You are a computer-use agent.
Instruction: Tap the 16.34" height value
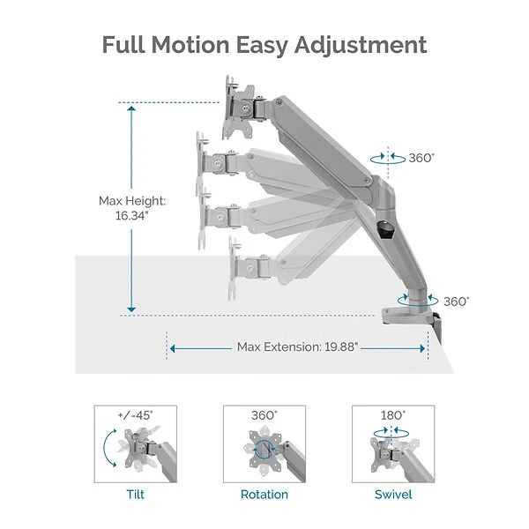coord(132,216)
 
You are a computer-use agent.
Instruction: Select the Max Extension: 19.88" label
coord(297,347)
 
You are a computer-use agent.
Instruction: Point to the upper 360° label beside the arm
coord(421,159)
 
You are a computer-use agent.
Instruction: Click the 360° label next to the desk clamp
coord(456,301)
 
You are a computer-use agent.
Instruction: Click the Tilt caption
coord(135,495)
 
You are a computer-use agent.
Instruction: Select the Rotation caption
coord(264,495)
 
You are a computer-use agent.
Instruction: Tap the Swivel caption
coord(392,495)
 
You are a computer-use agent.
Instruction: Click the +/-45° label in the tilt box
coord(135,414)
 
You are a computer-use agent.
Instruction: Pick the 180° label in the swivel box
coord(393,414)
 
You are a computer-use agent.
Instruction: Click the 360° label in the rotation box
coord(264,414)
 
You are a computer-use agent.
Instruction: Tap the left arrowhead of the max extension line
coord(173,347)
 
